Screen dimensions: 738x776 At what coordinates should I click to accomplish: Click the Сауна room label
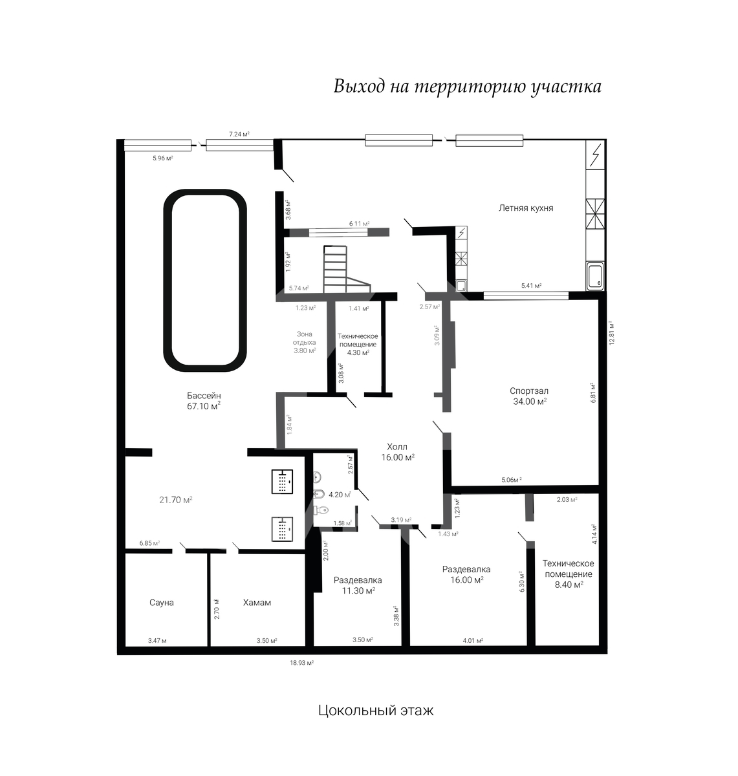[x=162, y=602]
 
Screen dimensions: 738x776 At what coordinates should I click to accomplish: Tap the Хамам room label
[x=257, y=602]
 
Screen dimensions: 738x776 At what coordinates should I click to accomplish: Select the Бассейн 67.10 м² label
[x=204, y=401]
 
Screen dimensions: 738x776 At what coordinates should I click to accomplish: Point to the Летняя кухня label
[x=526, y=208]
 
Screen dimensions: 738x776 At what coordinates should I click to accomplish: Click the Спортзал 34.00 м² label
[x=530, y=396]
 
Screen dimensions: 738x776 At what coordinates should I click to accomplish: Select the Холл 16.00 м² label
[x=398, y=452]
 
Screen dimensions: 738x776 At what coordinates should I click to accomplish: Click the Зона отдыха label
[x=305, y=338]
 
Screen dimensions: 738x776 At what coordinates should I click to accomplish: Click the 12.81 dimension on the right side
[x=612, y=333]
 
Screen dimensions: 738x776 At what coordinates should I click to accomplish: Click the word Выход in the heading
[x=358, y=87]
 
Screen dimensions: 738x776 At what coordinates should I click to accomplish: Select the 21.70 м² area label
[x=176, y=500]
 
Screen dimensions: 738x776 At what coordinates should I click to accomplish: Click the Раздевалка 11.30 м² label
[x=358, y=585]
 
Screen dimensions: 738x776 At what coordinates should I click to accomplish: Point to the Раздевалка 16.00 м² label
[x=466, y=574]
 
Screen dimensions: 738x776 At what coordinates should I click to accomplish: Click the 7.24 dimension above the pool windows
[x=239, y=135]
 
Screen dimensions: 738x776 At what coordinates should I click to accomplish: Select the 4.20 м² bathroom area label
[x=340, y=495]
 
